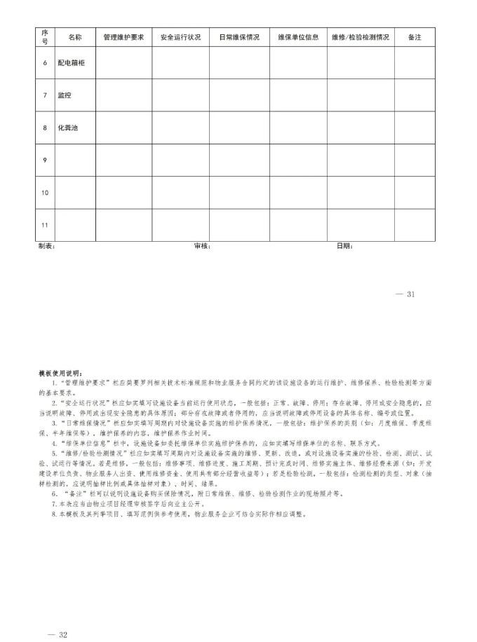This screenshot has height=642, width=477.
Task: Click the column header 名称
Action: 75,37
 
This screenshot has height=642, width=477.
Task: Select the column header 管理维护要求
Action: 123,37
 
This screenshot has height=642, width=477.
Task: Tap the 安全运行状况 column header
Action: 180,37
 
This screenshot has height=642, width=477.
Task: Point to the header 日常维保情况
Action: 239,37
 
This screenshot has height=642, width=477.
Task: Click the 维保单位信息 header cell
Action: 298,37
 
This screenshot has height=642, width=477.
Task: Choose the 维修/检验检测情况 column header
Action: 360,37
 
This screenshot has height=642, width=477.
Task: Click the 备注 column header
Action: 414,37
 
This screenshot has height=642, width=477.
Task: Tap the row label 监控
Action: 65,95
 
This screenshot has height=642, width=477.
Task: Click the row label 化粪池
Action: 67,128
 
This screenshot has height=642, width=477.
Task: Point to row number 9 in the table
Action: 45,160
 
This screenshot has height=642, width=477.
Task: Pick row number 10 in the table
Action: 45,193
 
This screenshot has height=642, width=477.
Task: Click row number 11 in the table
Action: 45,225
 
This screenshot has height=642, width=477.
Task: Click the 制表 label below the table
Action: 46,246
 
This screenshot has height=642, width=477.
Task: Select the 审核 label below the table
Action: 202,246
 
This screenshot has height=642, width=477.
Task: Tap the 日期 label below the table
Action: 344,246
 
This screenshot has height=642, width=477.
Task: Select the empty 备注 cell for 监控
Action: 414,95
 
